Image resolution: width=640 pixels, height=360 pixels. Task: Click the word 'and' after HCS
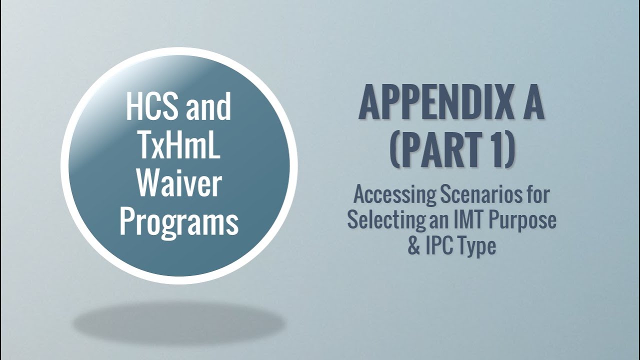(x=209, y=106)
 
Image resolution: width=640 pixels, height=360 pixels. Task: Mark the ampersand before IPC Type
(x=414, y=246)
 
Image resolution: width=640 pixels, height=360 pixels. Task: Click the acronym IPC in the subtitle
(x=439, y=246)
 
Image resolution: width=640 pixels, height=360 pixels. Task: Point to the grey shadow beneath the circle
(x=178, y=322)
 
